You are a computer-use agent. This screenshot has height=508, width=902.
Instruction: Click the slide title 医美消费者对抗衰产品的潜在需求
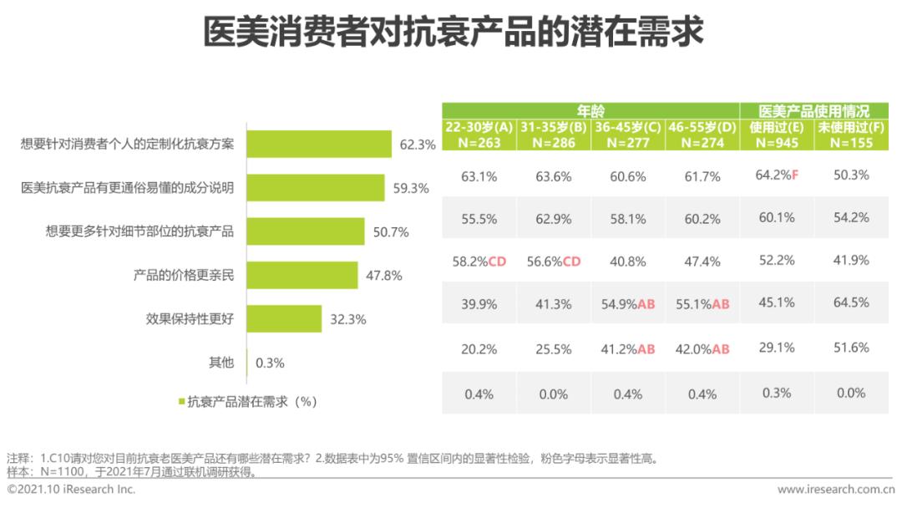[451, 34]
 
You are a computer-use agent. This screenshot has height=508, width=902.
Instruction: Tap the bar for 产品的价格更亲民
[302, 275]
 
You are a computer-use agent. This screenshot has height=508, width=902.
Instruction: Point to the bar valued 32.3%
[284, 318]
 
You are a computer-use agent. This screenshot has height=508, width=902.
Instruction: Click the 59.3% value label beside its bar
[411, 189]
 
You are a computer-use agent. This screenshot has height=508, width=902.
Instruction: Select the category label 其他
[221, 363]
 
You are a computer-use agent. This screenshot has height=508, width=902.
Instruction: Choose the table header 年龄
[590, 110]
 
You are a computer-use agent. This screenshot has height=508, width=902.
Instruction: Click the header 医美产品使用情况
[813, 110]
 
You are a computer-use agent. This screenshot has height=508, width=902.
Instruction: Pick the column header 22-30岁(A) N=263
[479, 135]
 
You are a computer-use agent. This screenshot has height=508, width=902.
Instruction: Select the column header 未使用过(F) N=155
[851, 135]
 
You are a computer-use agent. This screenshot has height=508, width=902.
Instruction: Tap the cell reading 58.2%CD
[479, 262]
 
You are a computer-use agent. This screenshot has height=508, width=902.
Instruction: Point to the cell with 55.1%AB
[702, 304]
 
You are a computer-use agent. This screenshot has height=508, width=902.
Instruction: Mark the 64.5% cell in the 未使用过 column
[851, 304]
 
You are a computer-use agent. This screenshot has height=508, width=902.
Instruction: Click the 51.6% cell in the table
[851, 348]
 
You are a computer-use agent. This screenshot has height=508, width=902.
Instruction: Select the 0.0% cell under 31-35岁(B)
[553, 394]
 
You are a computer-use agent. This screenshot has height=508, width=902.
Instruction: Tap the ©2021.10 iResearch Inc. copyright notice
[71, 490]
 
